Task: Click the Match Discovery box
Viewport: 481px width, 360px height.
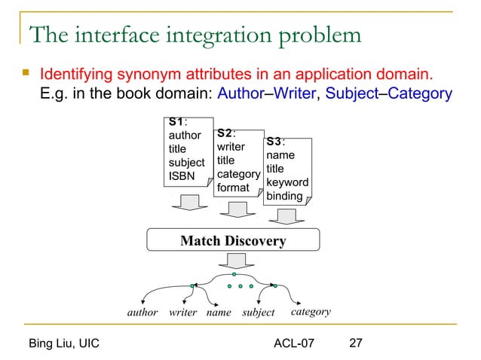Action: [x=232, y=241]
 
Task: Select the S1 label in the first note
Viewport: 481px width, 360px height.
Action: [x=177, y=121]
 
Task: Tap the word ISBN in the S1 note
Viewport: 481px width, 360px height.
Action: [x=181, y=176]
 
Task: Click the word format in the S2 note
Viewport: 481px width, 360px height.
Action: [x=233, y=187]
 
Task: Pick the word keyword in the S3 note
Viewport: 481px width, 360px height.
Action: [x=286, y=182]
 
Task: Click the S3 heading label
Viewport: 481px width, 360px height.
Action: [x=275, y=141]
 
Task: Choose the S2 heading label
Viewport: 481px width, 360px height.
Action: [x=227, y=133]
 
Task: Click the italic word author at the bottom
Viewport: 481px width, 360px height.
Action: [x=142, y=312]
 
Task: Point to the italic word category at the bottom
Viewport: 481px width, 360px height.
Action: [x=311, y=311]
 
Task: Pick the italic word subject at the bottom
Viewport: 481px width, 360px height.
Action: [x=258, y=312]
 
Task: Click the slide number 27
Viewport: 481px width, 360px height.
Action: [x=356, y=344]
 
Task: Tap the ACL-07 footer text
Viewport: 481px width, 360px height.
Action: [x=295, y=344]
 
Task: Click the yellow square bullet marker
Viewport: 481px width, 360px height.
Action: [x=26, y=75]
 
